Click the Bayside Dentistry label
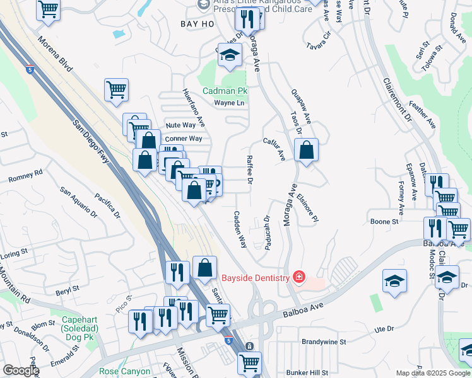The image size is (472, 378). tap(255, 277)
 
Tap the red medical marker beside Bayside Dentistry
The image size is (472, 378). tap(298, 277)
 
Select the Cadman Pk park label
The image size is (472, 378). tap(225, 91)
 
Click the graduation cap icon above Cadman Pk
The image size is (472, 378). tap(230, 55)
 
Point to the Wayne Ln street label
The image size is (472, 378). tap(228, 103)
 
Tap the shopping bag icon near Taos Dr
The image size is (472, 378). tap(306, 151)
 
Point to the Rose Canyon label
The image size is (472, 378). tap(125, 372)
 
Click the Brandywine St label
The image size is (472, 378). tap(324, 342)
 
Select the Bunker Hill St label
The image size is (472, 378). tap(308, 373)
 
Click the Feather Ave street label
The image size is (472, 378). tap(426, 117)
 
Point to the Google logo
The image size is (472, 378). tap(21, 370)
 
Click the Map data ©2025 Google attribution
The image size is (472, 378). tap(433, 373)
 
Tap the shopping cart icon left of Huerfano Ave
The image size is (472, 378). tap(117, 89)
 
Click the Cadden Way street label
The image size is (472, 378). tap(240, 229)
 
